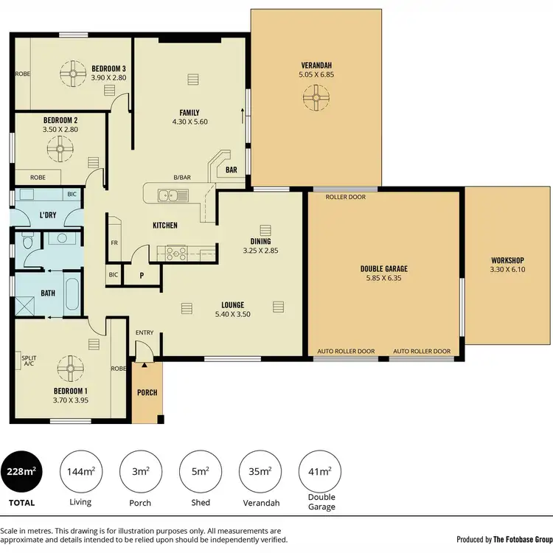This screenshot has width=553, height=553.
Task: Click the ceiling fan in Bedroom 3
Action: click(74, 73)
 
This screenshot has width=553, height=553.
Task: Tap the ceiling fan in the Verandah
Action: click(316, 97)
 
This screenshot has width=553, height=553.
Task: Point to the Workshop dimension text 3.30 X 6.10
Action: click(507, 270)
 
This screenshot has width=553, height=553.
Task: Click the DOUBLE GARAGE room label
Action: click(383, 269)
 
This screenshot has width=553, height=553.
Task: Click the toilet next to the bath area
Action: click(28, 241)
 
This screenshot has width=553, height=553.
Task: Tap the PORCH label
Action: click(147, 392)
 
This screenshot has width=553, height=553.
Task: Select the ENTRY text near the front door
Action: click(145, 333)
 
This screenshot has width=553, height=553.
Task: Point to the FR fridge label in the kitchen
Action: click(114, 242)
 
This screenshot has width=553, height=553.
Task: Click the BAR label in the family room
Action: click(232, 170)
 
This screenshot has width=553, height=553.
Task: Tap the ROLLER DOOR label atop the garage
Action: click(345, 197)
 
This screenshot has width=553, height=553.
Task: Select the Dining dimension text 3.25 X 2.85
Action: click(260, 251)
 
